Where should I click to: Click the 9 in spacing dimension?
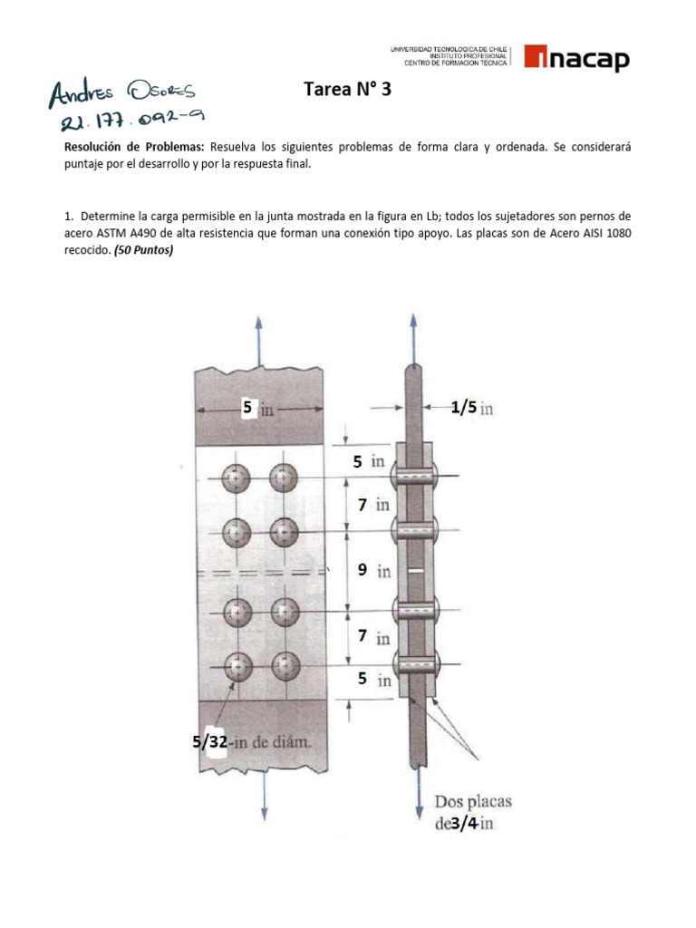[372, 570]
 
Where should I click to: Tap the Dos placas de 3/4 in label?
[472, 812]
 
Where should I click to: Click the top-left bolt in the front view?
[237, 477]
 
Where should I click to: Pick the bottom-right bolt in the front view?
[285, 666]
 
